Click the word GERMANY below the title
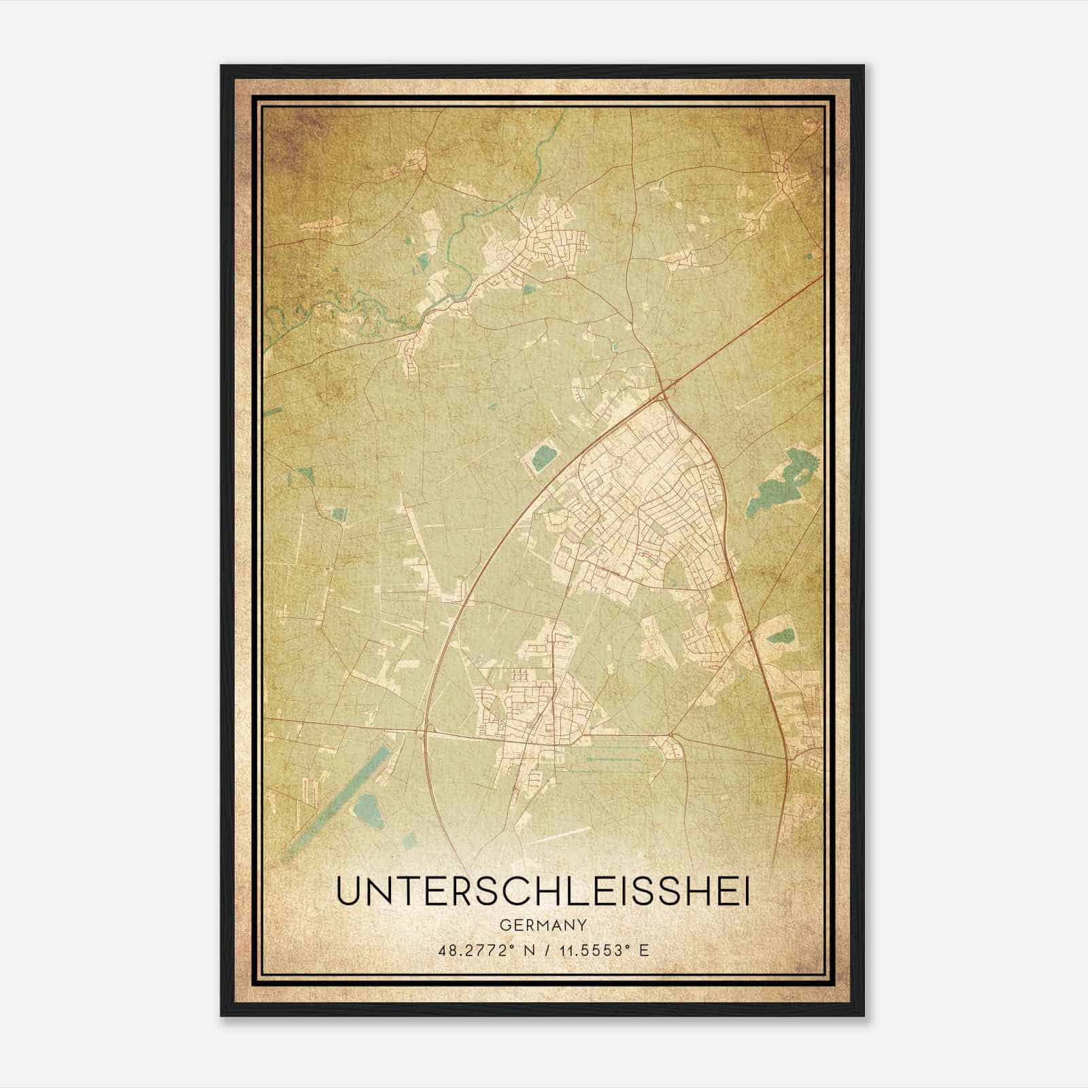(543, 925)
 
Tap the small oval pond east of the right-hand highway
(781, 637)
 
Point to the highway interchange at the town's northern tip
(665, 392)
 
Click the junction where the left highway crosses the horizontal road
(426, 731)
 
